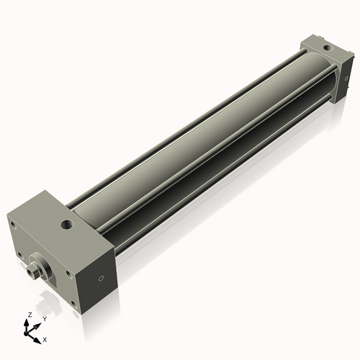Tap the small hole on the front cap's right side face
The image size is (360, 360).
point(101,277)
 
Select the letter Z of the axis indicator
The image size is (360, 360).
point(27,315)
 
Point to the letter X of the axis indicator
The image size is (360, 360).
point(45,338)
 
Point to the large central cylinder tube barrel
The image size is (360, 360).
point(194,144)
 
